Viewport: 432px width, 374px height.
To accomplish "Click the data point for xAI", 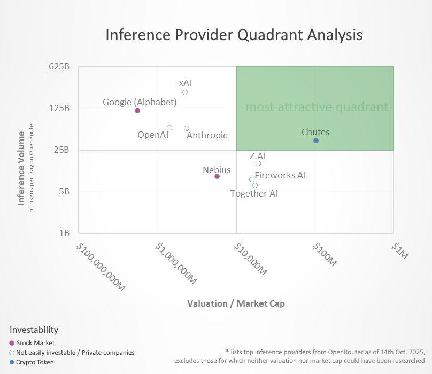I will coord(185,92).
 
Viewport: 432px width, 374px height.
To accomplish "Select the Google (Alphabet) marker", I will coord(137,111).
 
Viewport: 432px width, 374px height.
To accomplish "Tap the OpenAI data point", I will coord(169,128).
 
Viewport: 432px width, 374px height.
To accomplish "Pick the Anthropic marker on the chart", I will coord(187,128).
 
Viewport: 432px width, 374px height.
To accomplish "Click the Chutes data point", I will coord(316,141).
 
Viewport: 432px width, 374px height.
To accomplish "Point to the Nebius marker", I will coord(217,176).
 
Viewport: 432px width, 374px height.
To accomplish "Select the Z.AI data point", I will coord(258,163).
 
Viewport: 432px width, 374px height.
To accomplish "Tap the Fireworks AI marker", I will coord(252,180).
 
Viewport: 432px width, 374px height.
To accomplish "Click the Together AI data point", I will coord(255,185).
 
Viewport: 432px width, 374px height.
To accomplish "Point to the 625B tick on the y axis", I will coord(60,67).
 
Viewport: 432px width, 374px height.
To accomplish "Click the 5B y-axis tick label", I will coord(64,191).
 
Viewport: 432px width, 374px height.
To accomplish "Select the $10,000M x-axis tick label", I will coord(250,260).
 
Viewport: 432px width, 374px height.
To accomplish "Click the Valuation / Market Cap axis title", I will coord(236,303).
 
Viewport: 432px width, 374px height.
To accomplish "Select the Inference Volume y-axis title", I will coord(21,168).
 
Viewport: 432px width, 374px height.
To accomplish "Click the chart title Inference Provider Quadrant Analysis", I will coord(234,35).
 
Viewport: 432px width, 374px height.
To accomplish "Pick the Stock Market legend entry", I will coord(35,343).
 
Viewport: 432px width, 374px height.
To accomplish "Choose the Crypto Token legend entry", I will coord(35,362).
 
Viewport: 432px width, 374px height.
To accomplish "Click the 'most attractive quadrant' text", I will coord(317,107).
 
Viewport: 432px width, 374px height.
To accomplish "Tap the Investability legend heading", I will coord(34,330).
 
